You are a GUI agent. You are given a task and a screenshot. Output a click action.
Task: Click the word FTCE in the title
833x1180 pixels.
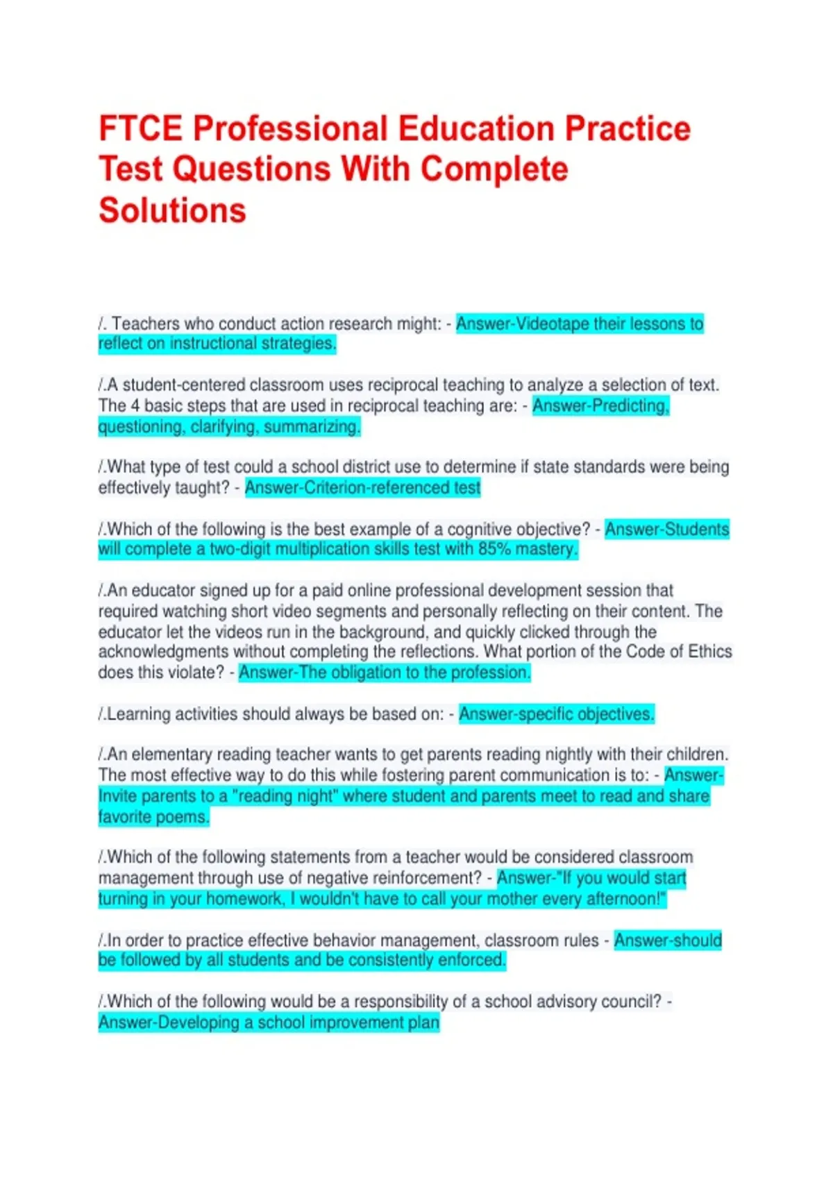141,129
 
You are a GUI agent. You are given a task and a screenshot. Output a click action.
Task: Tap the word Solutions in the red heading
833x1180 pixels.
172,210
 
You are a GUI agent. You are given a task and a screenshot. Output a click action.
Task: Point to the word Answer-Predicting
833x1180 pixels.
600,405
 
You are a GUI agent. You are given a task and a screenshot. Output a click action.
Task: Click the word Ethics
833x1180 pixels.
709,652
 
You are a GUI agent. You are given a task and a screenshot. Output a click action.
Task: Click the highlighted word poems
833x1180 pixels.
183,817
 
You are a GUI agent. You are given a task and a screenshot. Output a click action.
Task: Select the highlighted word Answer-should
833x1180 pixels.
667,941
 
